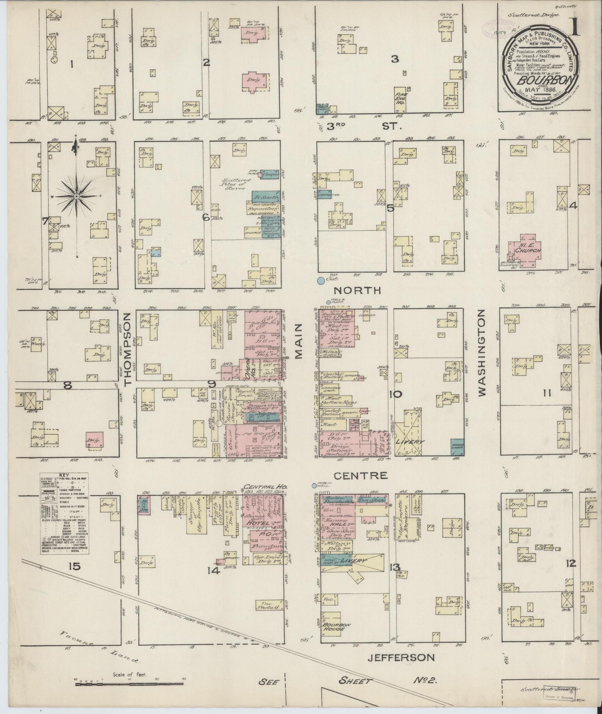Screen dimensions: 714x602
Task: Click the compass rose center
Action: (x=76, y=196)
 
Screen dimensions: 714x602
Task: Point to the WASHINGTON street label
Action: (x=482, y=352)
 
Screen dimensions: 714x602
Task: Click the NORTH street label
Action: (x=357, y=290)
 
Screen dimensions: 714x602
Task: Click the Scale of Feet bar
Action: (x=129, y=684)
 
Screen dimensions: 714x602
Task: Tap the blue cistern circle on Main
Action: (x=321, y=280)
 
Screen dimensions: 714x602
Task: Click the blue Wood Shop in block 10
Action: (x=457, y=447)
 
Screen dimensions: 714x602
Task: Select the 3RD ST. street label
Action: (x=362, y=127)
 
